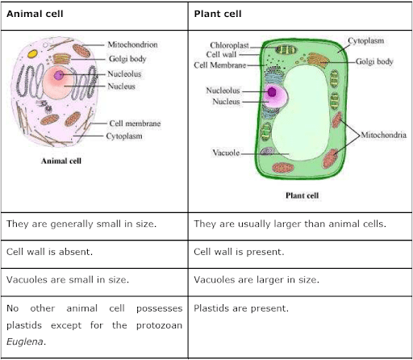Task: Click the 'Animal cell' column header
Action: [x=35, y=14]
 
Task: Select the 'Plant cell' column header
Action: [x=218, y=14]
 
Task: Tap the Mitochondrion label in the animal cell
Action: [x=132, y=44]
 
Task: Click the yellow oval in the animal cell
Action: [x=32, y=54]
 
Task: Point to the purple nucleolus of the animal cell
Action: [x=59, y=75]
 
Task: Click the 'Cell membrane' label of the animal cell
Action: [x=135, y=123]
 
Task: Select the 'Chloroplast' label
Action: [x=229, y=45]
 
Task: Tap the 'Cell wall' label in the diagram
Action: [x=221, y=54]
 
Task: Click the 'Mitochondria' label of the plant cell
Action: [x=383, y=135]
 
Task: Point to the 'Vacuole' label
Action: [x=226, y=153]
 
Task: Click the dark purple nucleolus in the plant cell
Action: [x=272, y=92]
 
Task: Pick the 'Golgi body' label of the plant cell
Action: [x=374, y=61]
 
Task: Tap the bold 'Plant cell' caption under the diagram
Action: [x=302, y=195]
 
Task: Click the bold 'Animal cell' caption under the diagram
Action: [x=61, y=161]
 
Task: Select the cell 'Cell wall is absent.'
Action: [x=49, y=252]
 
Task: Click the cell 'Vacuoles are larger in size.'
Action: [x=257, y=280]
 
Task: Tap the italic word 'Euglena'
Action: [x=26, y=341]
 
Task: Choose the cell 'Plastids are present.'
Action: [x=241, y=308]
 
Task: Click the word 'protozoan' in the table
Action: [x=159, y=325]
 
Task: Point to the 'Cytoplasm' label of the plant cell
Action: [x=366, y=41]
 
